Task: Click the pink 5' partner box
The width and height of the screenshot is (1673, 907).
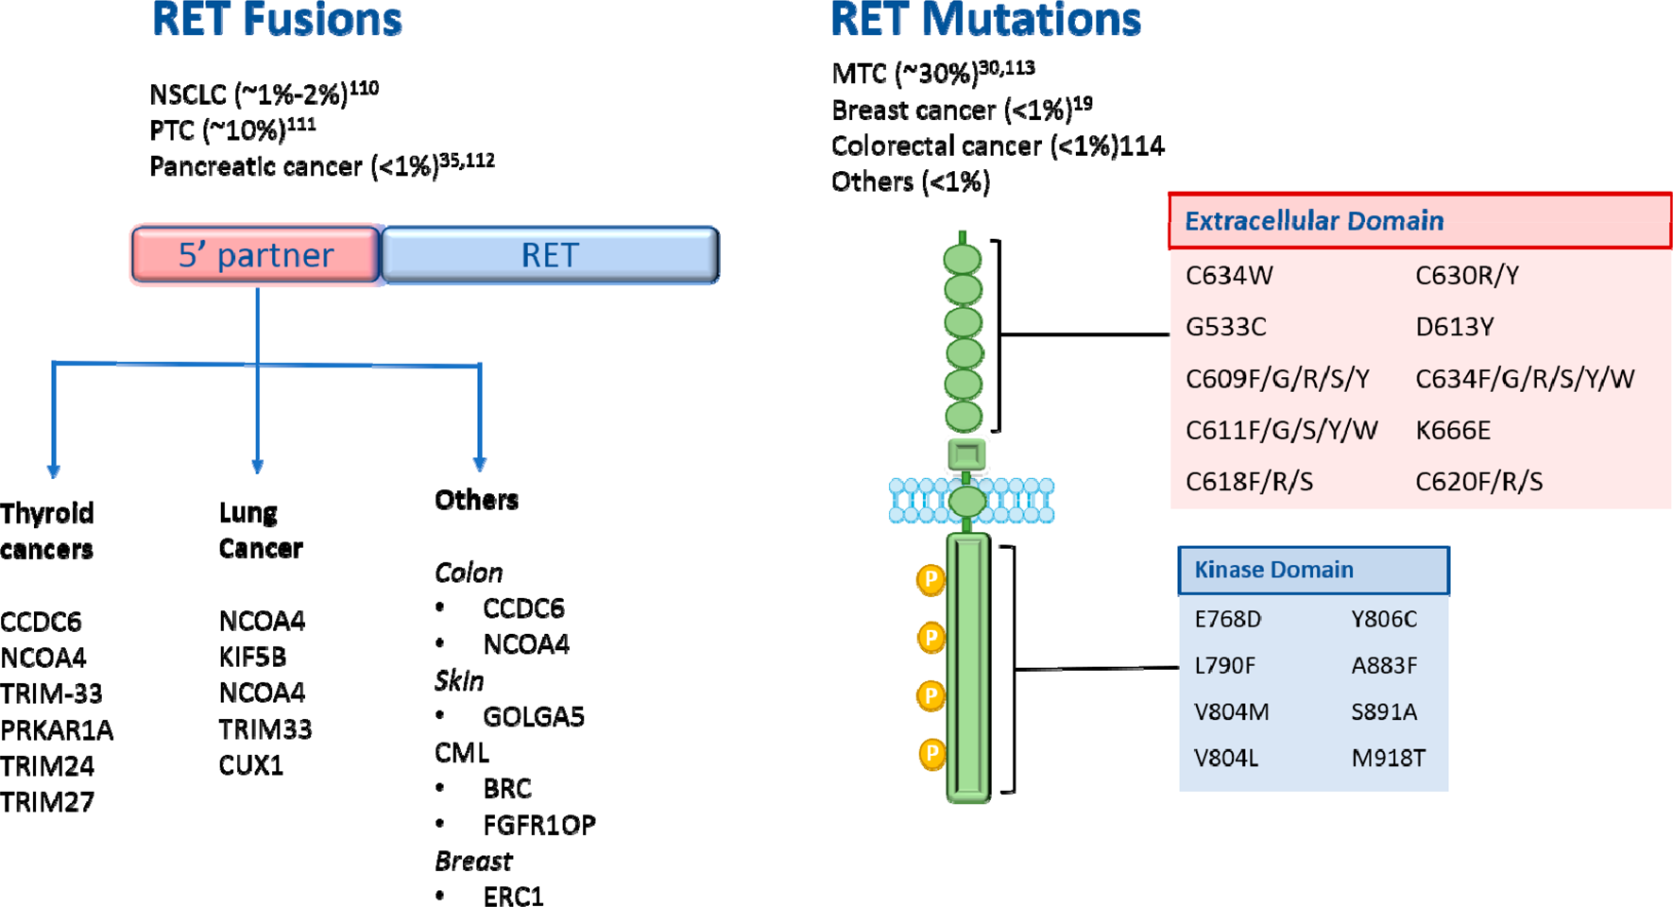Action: (x=256, y=255)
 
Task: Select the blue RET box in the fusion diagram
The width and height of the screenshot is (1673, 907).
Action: (x=550, y=255)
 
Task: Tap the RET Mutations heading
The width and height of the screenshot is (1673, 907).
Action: (x=985, y=21)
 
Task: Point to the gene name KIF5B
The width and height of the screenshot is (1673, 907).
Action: (x=252, y=657)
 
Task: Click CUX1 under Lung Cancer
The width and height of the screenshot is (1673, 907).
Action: (x=251, y=765)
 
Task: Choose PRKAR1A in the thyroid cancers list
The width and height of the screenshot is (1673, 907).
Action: (x=57, y=730)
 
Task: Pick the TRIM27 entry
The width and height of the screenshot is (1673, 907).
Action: (x=47, y=802)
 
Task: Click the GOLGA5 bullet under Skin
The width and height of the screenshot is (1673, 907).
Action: (x=533, y=717)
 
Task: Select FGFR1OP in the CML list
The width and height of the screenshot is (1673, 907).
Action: (x=538, y=825)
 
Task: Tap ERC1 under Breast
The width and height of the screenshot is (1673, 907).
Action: (x=513, y=896)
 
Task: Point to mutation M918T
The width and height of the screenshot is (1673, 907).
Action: (x=1388, y=758)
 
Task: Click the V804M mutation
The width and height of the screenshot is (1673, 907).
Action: (x=1231, y=711)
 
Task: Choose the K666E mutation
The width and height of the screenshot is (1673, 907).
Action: (x=1452, y=431)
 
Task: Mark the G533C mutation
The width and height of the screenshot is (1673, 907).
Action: (x=1225, y=327)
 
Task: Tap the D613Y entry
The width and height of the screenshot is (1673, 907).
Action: (x=1454, y=327)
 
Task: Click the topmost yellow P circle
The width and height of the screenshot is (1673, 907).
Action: (x=930, y=579)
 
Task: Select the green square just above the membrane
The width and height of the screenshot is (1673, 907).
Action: (x=965, y=454)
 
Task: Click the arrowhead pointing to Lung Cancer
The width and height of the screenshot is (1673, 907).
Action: (x=257, y=467)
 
